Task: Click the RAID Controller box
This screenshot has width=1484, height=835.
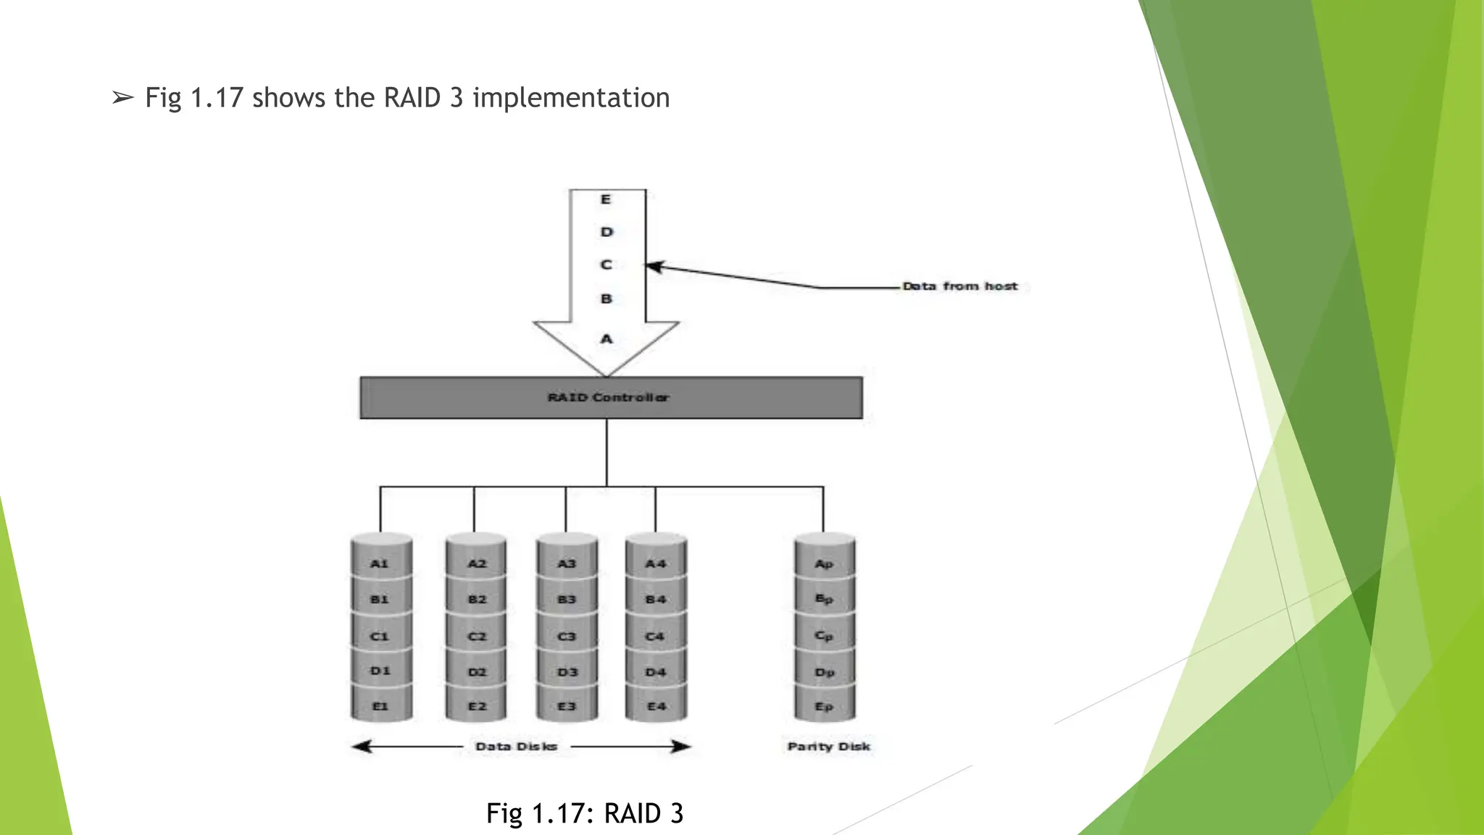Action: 611,397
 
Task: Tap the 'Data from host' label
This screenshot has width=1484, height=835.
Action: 959,286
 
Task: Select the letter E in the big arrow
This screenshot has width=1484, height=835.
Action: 606,199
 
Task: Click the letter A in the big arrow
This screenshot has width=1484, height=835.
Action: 606,338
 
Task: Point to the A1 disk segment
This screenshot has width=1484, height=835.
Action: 380,564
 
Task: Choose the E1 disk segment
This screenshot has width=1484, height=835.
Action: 380,706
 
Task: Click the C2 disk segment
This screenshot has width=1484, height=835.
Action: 476,636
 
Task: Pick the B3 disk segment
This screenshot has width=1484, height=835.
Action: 567,599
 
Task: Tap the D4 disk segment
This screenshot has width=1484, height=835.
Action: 656,672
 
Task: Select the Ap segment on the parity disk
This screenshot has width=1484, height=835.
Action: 824,564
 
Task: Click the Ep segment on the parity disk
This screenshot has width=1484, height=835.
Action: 824,706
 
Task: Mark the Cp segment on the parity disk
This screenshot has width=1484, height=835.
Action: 824,636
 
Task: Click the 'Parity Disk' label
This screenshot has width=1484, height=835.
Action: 829,747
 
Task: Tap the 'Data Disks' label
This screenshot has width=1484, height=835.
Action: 516,747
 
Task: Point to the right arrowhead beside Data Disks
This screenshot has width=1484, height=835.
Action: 681,747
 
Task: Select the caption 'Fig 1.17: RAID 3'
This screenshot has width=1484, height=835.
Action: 585,813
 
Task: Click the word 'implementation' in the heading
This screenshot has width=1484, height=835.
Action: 571,98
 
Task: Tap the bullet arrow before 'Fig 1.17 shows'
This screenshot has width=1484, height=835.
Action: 122,98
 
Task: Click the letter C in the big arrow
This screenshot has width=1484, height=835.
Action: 606,265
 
